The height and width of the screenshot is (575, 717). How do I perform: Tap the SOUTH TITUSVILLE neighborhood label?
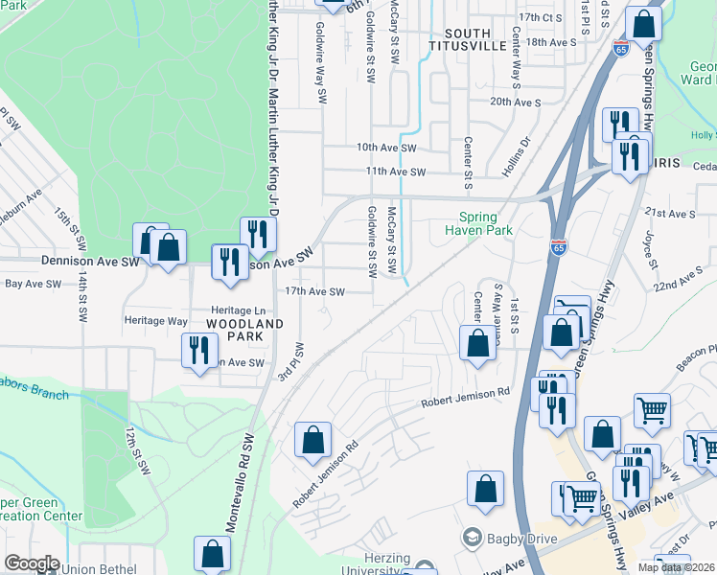pos(467,39)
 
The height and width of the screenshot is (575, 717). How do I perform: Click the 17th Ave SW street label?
pos(313,292)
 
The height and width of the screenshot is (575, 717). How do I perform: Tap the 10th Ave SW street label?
pos(386,149)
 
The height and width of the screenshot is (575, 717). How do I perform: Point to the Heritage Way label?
pos(155,321)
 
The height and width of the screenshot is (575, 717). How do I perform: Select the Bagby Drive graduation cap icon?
pos(471,539)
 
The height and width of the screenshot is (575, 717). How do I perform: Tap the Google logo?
pos(31,563)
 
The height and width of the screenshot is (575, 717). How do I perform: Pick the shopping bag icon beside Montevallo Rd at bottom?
pos(212,554)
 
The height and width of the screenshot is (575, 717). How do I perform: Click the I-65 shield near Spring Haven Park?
pos(559,247)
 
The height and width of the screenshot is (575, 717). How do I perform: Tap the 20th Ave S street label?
pos(516,102)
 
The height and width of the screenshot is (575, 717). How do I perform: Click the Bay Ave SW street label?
pos(34,284)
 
